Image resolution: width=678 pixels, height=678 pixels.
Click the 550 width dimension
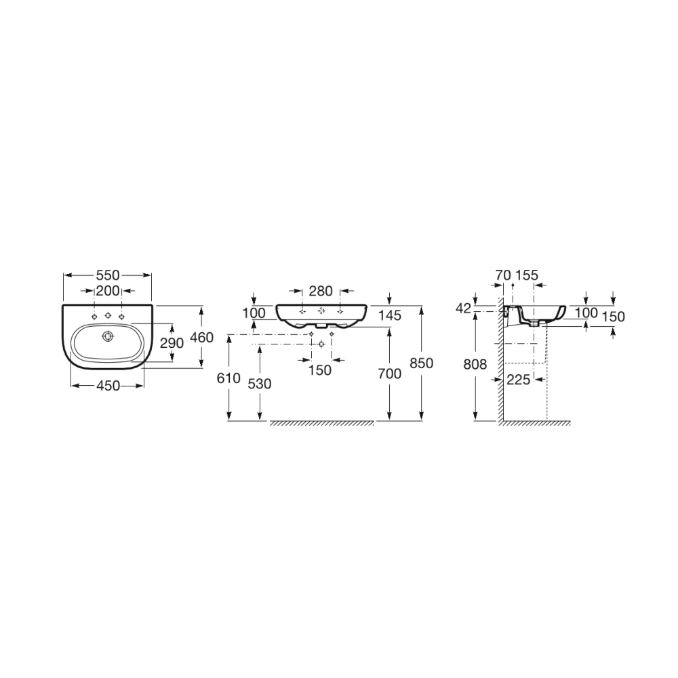[108, 275]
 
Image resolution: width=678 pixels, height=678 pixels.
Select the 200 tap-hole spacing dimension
[108, 291]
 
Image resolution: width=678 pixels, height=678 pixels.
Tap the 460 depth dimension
[202, 337]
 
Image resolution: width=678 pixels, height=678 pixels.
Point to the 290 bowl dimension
[172, 343]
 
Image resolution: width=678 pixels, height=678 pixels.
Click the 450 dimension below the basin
[108, 386]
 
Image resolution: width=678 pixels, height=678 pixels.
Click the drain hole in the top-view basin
[108, 336]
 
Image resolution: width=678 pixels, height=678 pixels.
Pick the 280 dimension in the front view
[321, 291]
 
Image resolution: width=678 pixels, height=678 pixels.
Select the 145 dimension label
[390, 315]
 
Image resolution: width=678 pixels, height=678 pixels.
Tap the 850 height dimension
[422, 363]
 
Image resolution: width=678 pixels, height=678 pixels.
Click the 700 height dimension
[390, 374]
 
